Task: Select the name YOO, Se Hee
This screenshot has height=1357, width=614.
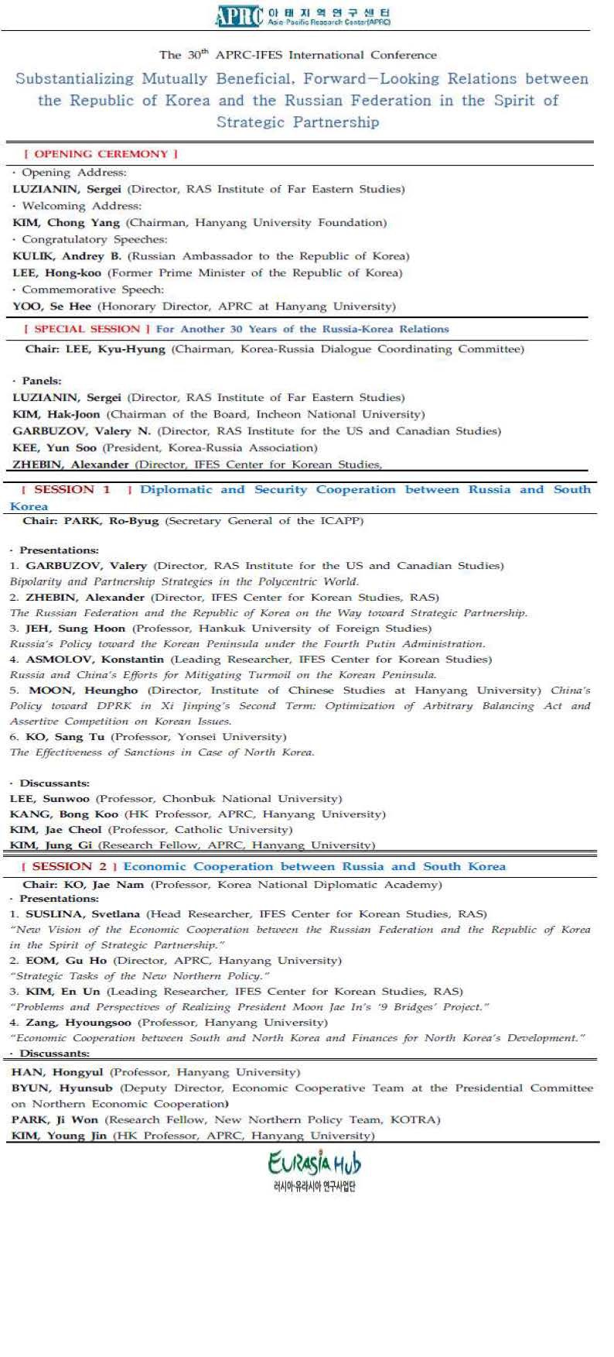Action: pos(52,306)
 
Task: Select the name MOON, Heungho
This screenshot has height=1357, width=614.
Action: pos(83,690)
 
